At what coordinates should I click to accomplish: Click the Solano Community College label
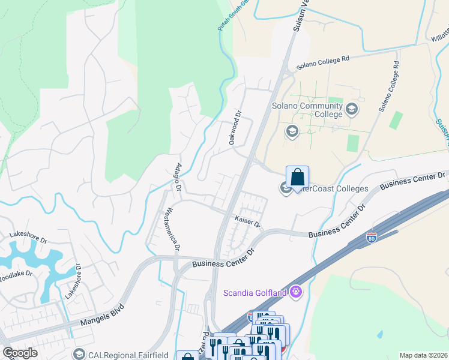pyautogui.click(x=307, y=110)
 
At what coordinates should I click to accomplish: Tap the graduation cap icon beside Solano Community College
pyautogui.click(x=351, y=109)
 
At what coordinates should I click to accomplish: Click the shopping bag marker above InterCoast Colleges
pyautogui.click(x=297, y=178)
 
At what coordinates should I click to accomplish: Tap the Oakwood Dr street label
pyautogui.click(x=235, y=126)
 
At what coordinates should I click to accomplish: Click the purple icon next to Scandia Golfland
pyautogui.click(x=295, y=292)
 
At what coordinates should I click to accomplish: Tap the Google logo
pyautogui.click(x=20, y=353)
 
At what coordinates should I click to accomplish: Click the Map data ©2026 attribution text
pyautogui.click(x=423, y=355)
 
